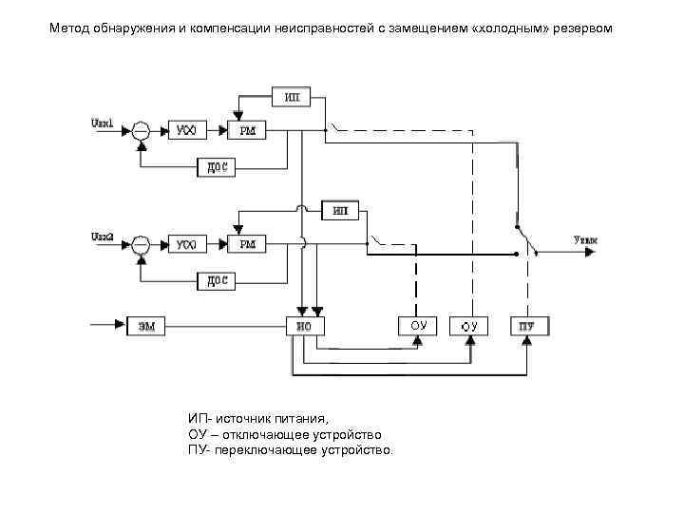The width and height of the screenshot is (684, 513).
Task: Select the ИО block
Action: [304, 327]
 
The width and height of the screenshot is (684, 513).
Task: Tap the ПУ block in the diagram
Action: [527, 327]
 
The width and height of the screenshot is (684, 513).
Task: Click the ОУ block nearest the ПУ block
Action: [468, 327]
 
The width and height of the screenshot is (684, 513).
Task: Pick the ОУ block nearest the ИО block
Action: [418, 326]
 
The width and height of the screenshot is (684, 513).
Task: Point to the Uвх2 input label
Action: [103, 235]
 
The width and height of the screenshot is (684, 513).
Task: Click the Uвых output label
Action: [586, 242]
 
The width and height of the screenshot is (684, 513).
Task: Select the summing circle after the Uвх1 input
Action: [141, 131]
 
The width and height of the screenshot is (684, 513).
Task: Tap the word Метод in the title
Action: [71, 29]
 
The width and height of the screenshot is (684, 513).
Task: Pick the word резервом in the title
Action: [590, 29]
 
